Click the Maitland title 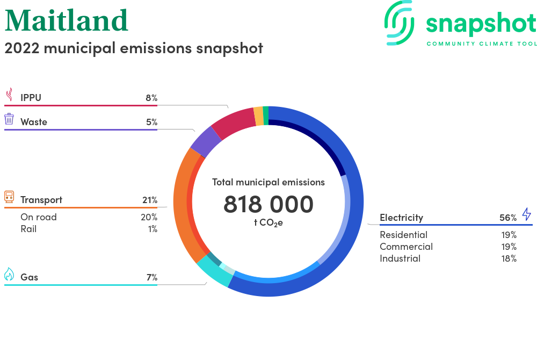[67, 20]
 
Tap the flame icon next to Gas [9, 274]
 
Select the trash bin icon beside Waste [9, 119]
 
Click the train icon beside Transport [9, 197]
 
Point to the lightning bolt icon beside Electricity [526, 214]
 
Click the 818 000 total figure [268, 204]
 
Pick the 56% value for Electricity [508, 218]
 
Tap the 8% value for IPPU [151, 98]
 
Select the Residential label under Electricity [403, 235]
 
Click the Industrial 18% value [509, 258]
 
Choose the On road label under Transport [38, 217]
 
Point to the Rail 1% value [153, 229]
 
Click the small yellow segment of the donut [259, 116]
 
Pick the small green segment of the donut [266, 116]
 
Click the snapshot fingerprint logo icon [399, 23]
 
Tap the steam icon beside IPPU [10, 95]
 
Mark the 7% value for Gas [152, 277]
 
